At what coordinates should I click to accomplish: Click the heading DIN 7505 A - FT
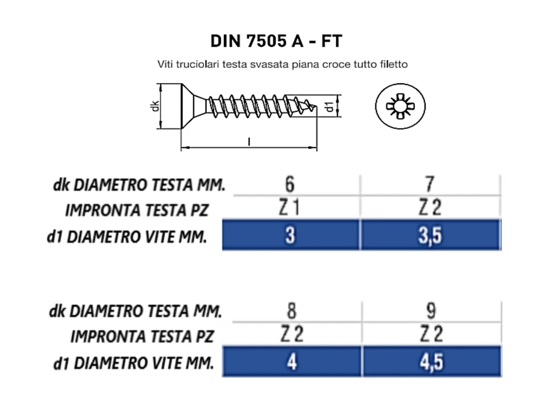tap(276, 42)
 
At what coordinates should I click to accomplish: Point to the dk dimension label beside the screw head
tap(155, 107)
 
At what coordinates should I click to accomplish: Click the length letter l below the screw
tap(249, 141)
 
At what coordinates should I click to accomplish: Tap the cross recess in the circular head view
tap(400, 107)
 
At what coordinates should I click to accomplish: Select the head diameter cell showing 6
tap(289, 184)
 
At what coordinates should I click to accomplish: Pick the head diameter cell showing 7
tap(430, 184)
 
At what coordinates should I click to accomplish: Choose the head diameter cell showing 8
tap(291, 311)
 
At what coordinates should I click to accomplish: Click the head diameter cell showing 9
tap(431, 311)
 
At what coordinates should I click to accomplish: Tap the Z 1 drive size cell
tap(289, 209)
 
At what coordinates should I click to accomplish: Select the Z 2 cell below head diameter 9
tap(431, 335)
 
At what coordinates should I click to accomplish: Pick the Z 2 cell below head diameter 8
tap(291, 335)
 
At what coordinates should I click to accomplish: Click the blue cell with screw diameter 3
tap(290, 236)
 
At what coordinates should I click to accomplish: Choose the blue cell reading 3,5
tap(430, 236)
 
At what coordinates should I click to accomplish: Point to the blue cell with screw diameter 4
tap(291, 362)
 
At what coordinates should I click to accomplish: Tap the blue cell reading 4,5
tap(431, 362)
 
